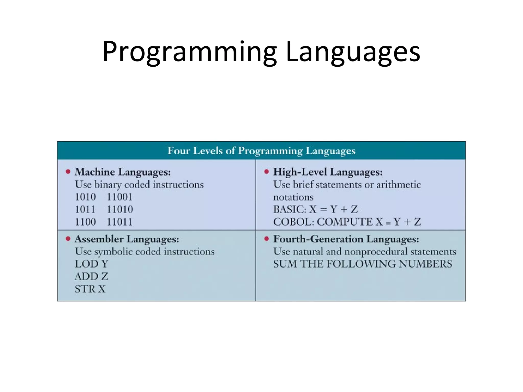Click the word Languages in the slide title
tap(353, 52)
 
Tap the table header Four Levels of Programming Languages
tap(261, 151)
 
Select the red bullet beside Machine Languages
tap(68, 171)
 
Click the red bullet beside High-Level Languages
tap(266, 171)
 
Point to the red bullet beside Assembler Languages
tap(68, 239)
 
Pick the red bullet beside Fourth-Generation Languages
tap(266, 239)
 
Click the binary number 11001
tap(120, 197)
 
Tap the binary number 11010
tap(120, 210)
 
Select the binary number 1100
tap(85, 222)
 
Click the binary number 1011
tap(85, 210)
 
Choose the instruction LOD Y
tap(92, 264)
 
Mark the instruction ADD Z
tap(92, 276)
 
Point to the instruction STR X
tap(90, 289)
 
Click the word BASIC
tap(289, 210)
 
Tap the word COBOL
tap(293, 222)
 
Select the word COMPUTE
tap(345, 222)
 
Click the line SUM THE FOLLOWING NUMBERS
tap(363, 264)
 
